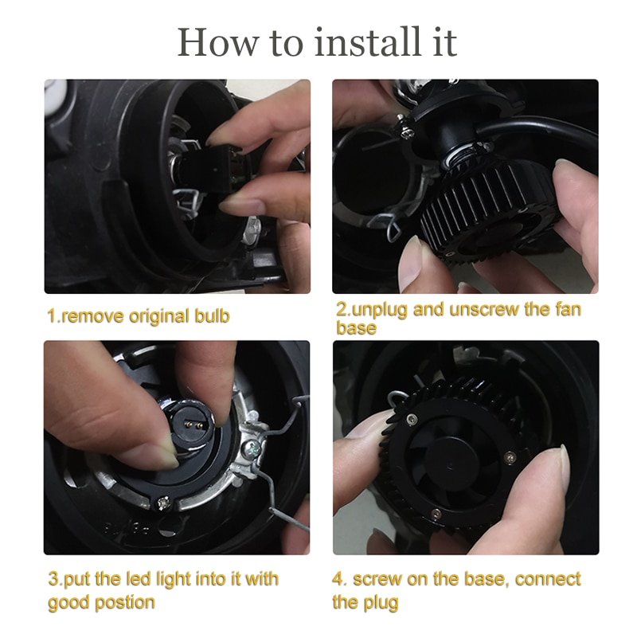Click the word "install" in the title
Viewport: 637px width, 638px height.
pos(368,42)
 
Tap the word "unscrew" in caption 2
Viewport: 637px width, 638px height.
pos(483,310)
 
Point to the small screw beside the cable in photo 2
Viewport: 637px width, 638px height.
pos(408,132)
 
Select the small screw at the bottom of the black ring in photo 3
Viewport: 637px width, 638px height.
pos(163,503)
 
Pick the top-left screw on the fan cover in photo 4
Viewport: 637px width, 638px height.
pos(412,419)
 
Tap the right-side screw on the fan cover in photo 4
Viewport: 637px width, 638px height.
pos(510,457)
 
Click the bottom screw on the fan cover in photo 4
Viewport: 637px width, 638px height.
pos(436,514)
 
